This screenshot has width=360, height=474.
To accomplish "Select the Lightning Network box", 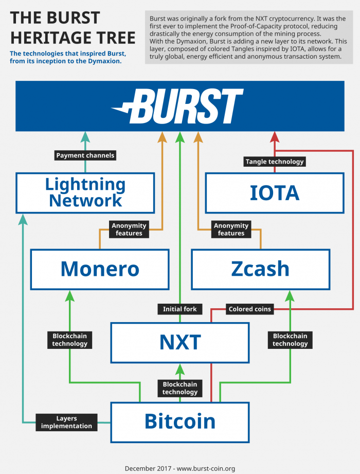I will (x=85, y=192).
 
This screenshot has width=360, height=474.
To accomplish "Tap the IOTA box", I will (x=275, y=192).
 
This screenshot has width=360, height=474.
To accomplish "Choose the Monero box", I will (x=100, y=269).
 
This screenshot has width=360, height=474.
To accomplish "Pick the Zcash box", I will (x=260, y=269).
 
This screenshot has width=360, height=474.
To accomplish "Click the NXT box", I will (x=180, y=342).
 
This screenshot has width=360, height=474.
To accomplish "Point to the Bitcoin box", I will (x=180, y=422).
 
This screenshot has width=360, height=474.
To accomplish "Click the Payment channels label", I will (x=85, y=155).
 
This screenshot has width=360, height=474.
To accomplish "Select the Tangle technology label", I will (x=275, y=162).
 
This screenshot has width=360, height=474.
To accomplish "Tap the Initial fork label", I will (x=180, y=309).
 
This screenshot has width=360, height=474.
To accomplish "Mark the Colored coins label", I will (x=249, y=309).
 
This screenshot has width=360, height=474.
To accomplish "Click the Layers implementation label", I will (x=67, y=422).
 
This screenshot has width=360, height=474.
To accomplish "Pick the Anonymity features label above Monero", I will (x=129, y=230).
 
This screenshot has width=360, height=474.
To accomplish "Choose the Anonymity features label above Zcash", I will (x=231, y=230).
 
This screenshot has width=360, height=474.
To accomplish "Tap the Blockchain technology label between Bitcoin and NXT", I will (x=180, y=388).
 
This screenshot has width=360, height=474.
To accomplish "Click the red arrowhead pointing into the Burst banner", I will (x=275, y=137).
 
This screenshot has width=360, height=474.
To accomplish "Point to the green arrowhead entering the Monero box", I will (x=70, y=295).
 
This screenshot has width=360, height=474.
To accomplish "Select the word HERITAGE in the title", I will (x=73, y=37).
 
